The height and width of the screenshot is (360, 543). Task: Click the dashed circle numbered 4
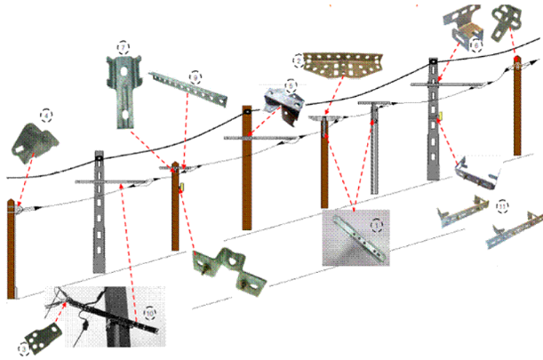[44, 114]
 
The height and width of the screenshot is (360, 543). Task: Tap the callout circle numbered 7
[123, 45]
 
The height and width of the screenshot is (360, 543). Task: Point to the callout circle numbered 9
[195, 78]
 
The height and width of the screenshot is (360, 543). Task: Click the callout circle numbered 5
[290, 87]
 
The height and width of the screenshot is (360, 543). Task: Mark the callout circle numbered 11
[503, 206]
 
